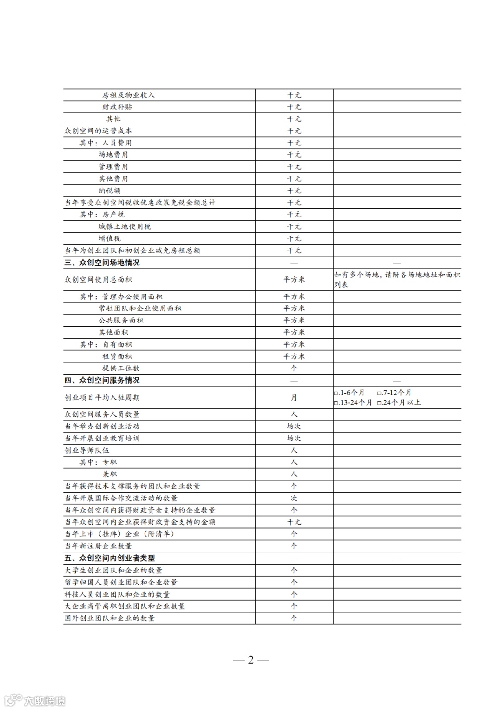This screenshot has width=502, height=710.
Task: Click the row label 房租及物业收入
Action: [x=128, y=95]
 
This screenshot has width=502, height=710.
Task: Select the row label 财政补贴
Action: [x=117, y=107]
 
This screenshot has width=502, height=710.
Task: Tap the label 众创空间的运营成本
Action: [x=98, y=131]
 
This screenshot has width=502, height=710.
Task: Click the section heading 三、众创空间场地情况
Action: [x=102, y=263]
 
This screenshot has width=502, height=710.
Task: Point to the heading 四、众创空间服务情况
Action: [x=102, y=381]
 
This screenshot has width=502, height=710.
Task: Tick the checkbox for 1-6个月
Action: [x=336, y=393]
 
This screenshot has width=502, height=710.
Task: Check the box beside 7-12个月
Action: [x=380, y=393]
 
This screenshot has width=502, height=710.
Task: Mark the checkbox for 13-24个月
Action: [x=336, y=403]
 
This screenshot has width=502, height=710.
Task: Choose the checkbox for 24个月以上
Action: [x=380, y=403]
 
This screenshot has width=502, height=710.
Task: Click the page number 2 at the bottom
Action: [x=251, y=660]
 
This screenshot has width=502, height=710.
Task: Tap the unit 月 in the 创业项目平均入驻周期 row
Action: [x=294, y=398]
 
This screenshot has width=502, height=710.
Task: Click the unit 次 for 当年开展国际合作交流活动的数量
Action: [x=294, y=498]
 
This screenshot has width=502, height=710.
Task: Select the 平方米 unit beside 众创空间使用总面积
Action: [x=294, y=280]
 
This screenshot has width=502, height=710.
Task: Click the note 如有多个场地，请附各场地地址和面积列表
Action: [x=397, y=280]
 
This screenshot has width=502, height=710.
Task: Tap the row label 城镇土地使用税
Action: [x=125, y=227]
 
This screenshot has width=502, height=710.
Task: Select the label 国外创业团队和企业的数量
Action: [x=109, y=618]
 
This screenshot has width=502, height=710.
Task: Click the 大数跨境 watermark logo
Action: [x=34, y=700]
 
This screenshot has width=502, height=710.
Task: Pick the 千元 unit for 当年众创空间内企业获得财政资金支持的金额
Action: [x=294, y=522]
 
